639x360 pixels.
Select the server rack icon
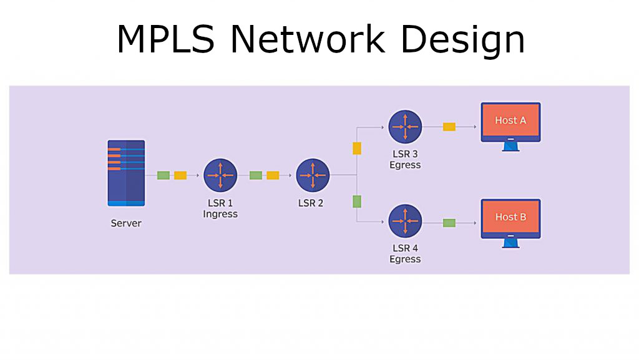pyautogui.click(x=126, y=173)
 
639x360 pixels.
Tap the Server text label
pyautogui.click(x=126, y=223)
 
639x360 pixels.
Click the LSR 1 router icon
pyautogui.click(x=220, y=175)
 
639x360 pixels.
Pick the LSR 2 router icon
pyautogui.click(x=312, y=175)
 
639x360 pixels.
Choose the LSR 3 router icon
pyautogui.click(x=405, y=127)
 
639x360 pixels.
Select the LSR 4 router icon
pyautogui.click(x=405, y=221)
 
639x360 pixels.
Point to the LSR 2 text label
pyautogui.click(x=311, y=203)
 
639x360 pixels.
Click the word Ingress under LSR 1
pyautogui.click(x=220, y=214)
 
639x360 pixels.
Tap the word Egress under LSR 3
pyautogui.click(x=405, y=165)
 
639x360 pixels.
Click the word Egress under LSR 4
pyautogui.click(x=405, y=259)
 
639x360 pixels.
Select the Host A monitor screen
pyautogui.click(x=510, y=121)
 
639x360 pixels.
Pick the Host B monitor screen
pyautogui.click(x=510, y=217)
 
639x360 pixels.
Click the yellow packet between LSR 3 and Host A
pyautogui.click(x=449, y=127)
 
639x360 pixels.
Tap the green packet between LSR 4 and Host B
pyautogui.click(x=449, y=223)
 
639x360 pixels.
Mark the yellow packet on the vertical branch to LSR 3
pyautogui.click(x=357, y=148)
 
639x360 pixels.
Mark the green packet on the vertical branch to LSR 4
pyautogui.click(x=357, y=202)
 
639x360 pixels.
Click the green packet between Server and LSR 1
pyautogui.click(x=163, y=175)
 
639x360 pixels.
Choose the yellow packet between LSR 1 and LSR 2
pyautogui.click(x=273, y=175)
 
